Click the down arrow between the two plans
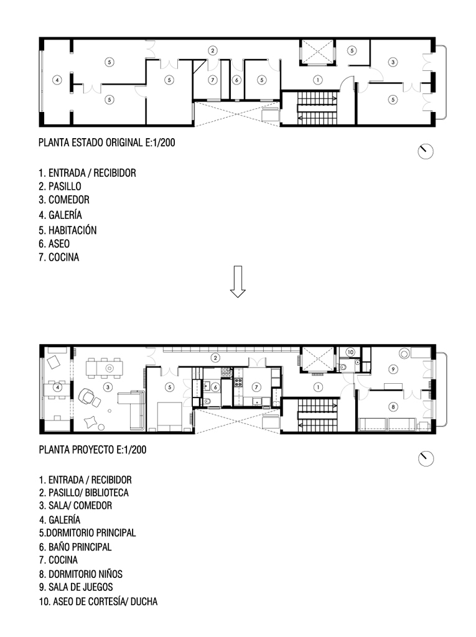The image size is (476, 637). pyautogui.click(x=238, y=282)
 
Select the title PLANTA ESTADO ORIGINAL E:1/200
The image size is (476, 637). pyautogui.click(x=107, y=142)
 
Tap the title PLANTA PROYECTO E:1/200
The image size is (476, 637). pyautogui.click(x=93, y=450)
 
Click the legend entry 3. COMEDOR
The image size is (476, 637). pyautogui.click(x=64, y=200)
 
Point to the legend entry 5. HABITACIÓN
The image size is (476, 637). pyautogui.click(x=67, y=230)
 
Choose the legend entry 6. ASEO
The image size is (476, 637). pyautogui.click(x=54, y=244)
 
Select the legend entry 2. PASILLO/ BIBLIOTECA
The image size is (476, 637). pyautogui.click(x=84, y=493)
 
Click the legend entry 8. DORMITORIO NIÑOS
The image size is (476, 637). pyautogui.click(x=81, y=574)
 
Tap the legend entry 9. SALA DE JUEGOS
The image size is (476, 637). pyautogui.click(x=76, y=587)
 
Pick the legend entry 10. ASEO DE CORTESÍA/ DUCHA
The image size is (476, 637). pyautogui.click(x=98, y=602)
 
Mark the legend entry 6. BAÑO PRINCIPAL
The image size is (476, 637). pyautogui.click(x=75, y=547)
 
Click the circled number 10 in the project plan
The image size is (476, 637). pyautogui.click(x=350, y=352)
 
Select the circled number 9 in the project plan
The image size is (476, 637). pyautogui.click(x=393, y=370)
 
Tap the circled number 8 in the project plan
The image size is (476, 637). pyautogui.click(x=393, y=407)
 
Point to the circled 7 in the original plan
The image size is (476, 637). pyautogui.click(x=213, y=80)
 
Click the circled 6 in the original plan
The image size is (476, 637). pyautogui.click(x=236, y=80)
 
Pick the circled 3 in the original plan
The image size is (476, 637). pyautogui.click(x=393, y=62)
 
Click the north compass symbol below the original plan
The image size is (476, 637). pyautogui.click(x=426, y=152)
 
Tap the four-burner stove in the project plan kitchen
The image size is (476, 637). pyautogui.click(x=238, y=383)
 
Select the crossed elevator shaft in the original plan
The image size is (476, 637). pyautogui.click(x=316, y=52)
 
